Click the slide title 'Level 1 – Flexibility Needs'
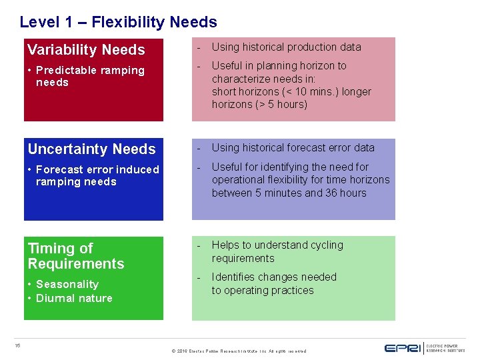[118, 22]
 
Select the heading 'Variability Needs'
[86, 50]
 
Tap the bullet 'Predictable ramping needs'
[89, 76]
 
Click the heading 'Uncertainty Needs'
[91, 149]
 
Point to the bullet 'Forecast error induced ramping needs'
[97, 175]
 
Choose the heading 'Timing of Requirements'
[75, 256]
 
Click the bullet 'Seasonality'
[67, 284]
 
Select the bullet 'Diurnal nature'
[74, 298]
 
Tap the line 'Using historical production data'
[286, 47]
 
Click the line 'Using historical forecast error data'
[293, 148]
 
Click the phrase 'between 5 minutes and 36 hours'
[289, 193]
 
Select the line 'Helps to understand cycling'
[277, 245]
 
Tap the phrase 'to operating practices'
[263, 291]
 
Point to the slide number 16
[18, 345]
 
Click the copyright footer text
[239, 351]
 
